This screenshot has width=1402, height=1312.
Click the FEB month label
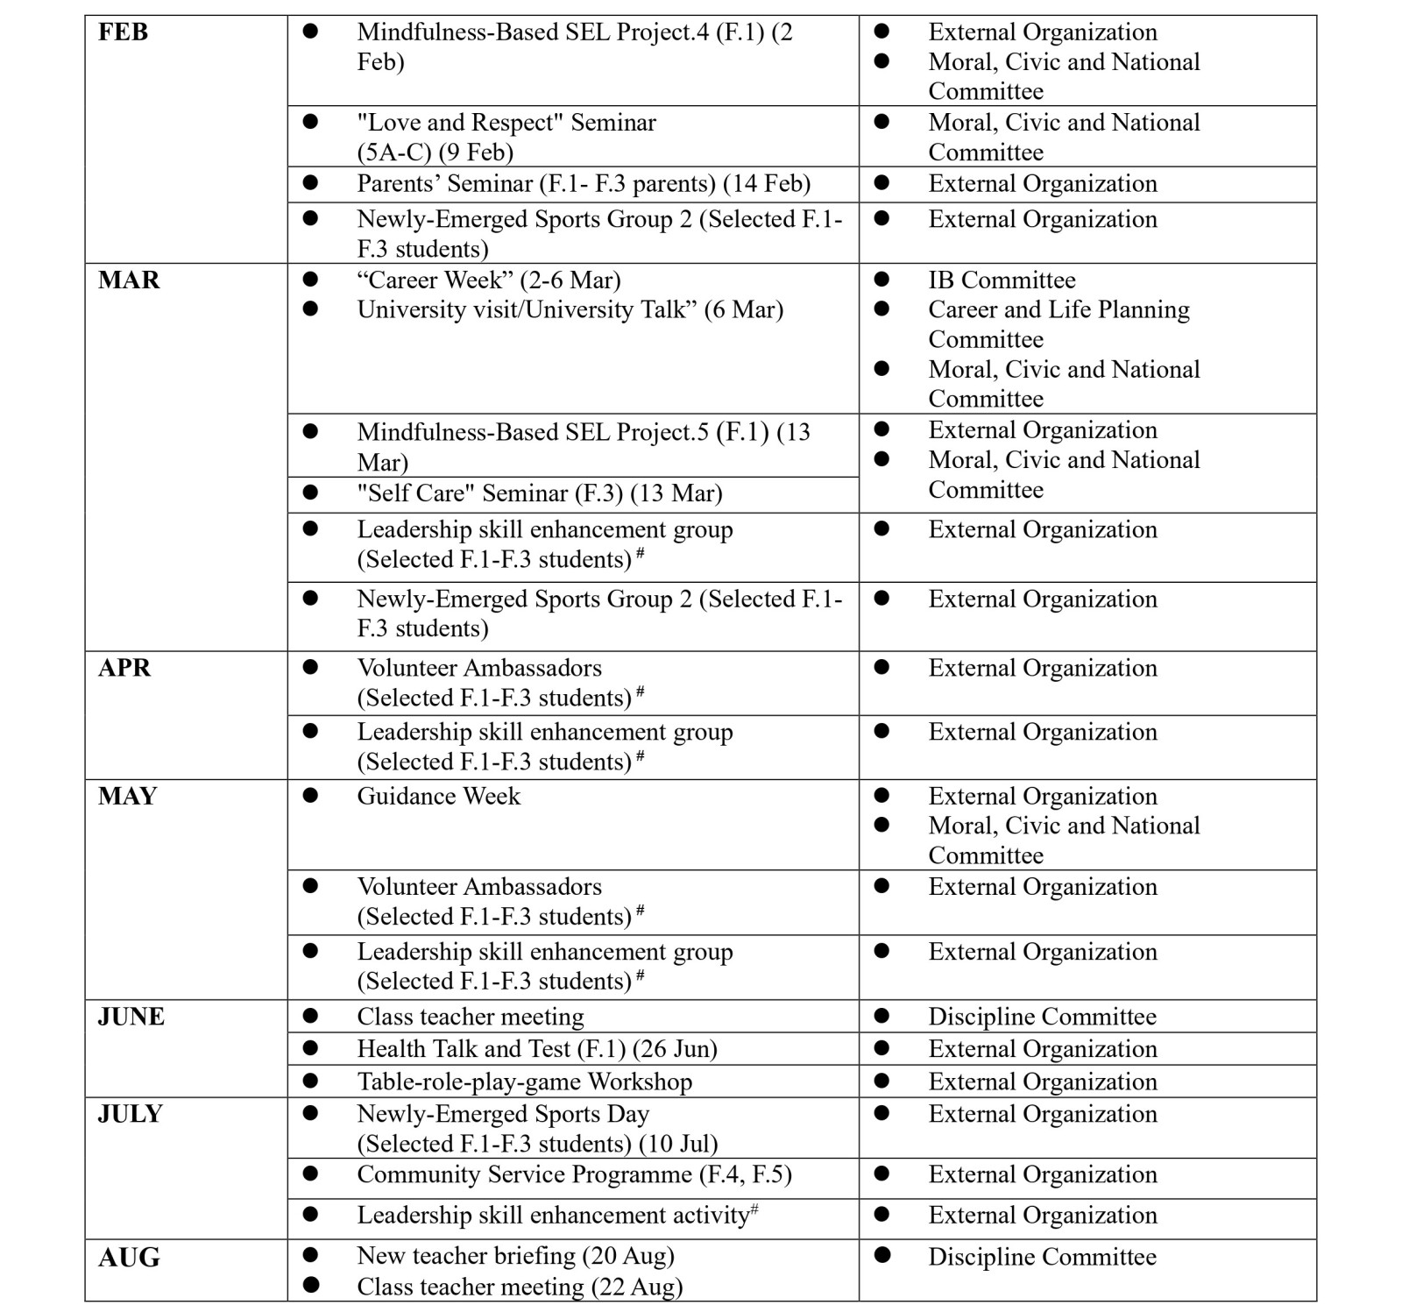tap(123, 32)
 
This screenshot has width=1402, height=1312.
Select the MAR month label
tap(129, 280)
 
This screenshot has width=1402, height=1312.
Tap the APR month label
tap(124, 668)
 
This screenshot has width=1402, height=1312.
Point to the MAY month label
tap(127, 796)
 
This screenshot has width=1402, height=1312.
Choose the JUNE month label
tap(131, 1017)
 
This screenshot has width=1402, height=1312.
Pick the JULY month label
tap(130, 1114)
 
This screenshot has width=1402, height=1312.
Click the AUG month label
tap(129, 1258)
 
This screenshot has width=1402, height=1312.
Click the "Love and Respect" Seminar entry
tap(506, 137)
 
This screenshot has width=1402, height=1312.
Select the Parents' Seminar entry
tap(584, 184)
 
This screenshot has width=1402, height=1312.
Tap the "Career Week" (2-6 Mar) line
tap(489, 280)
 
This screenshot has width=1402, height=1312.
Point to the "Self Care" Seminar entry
tap(540, 493)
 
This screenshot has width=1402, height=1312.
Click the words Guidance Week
tap(438, 796)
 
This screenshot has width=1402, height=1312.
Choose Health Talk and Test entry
tap(537, 1049)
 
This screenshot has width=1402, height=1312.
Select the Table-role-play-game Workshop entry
tap(524, 1082)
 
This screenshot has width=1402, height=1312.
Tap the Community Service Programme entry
tap(574, 1174)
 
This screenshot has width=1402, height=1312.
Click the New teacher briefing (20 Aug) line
tap(515, 1256)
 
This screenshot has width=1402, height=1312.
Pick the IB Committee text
tap(1002, 280)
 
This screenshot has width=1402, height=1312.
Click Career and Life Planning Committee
tap(1059, 324)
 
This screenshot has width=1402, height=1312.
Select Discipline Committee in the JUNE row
tap(1042, 1017)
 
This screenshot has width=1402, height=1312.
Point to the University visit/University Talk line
tap(570, 310)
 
